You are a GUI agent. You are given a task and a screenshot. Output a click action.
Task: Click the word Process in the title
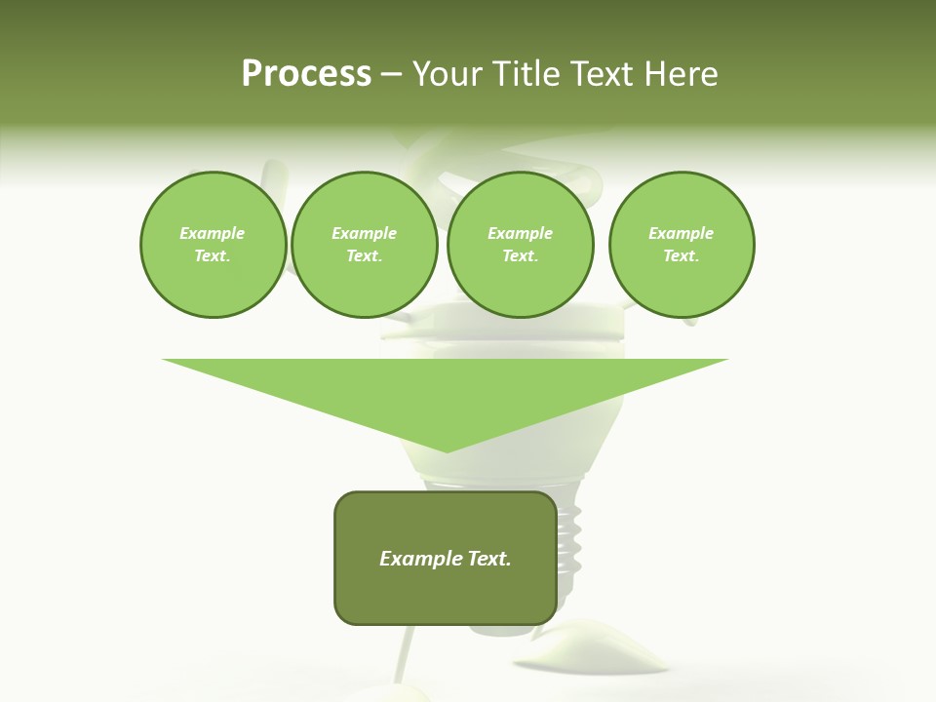click(x=306, y=74)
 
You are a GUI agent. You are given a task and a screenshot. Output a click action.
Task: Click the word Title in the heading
click(x=522, y=74)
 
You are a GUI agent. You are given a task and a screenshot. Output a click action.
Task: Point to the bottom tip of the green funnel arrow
click(x=446, y=451)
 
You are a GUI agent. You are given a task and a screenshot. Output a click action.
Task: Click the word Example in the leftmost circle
click(x=213, y=233)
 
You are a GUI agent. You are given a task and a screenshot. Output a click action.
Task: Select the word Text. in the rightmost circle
click(x=681, y=256)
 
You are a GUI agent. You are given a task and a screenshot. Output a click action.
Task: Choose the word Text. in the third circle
click(x=520, y=256)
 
